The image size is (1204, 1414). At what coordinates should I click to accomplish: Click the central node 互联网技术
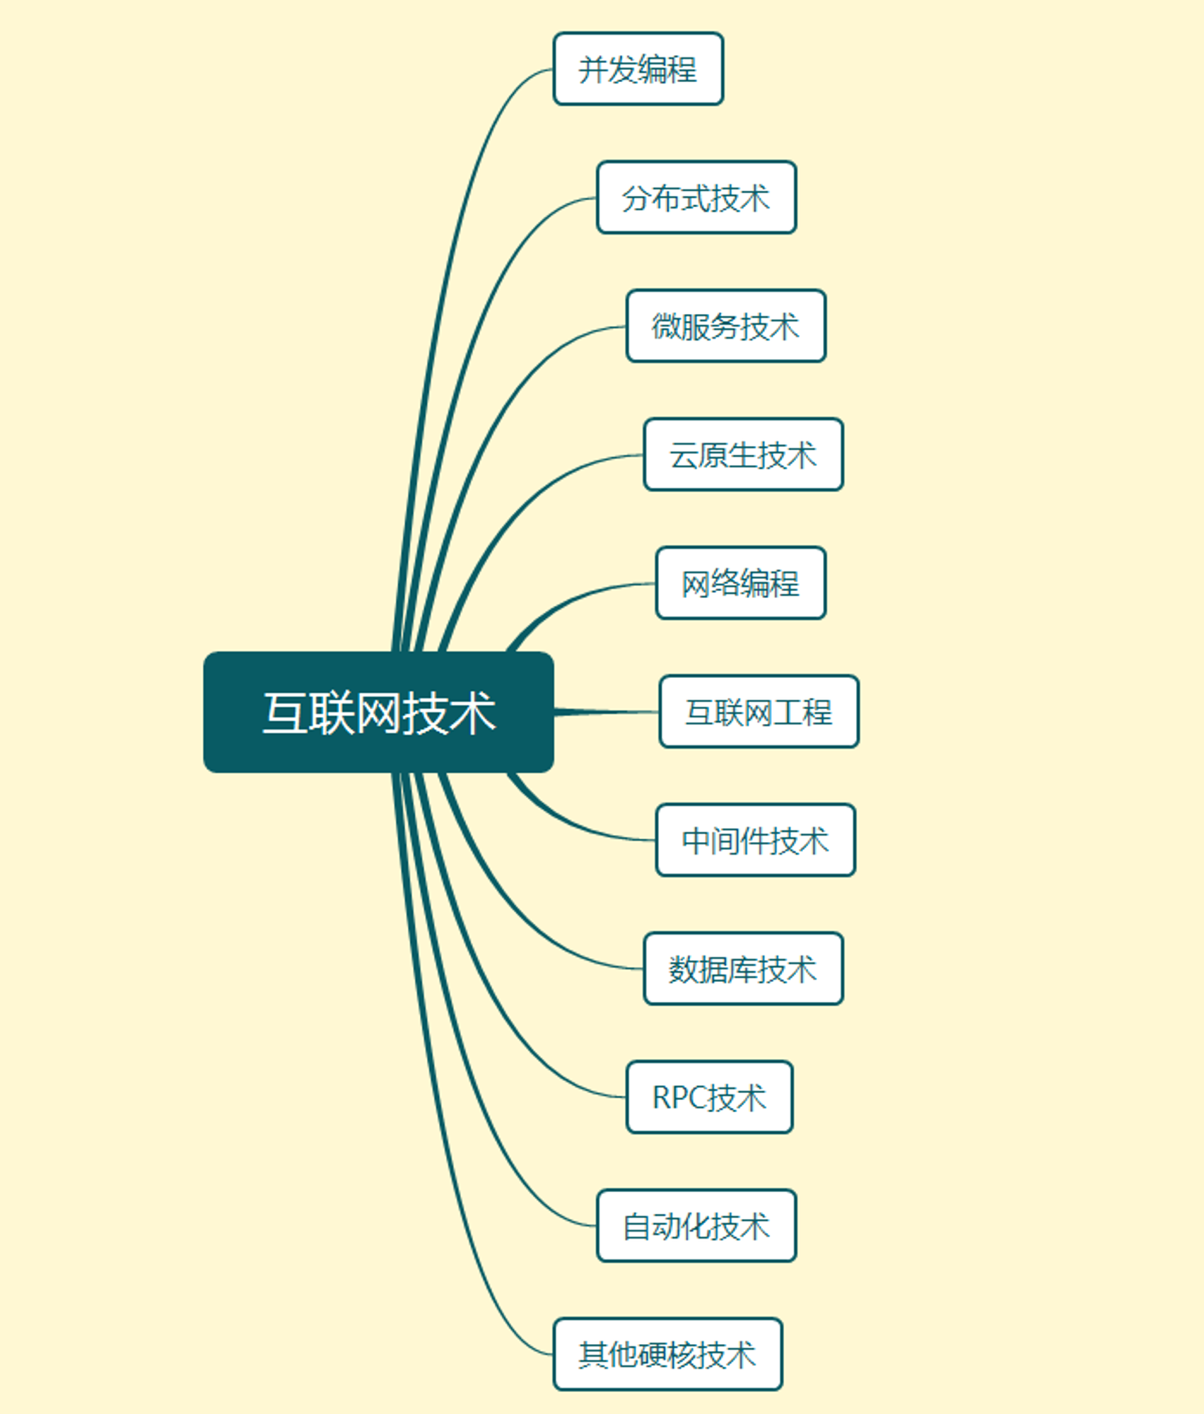pos(378,712)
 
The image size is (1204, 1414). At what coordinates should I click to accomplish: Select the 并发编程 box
pos(638,69)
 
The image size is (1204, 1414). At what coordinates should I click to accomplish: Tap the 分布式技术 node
pos(696,197)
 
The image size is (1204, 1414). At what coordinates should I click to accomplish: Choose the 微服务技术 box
pos(726,326)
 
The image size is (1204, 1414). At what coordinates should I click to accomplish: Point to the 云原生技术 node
pos(744,455)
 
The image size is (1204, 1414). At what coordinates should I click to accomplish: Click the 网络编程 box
pos(741,583)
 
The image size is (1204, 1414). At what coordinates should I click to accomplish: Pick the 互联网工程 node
pos(759,711)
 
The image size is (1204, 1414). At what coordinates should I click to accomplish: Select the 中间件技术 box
pos(756,840)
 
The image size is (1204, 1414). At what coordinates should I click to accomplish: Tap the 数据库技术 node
pos(744,969)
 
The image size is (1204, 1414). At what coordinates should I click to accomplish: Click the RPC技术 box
pos(710,1097)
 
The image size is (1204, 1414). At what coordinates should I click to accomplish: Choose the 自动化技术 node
pos(696,1226)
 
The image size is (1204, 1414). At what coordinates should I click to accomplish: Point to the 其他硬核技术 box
pos(668,1355)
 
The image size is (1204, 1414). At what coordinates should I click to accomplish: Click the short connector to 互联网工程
pos(607,712)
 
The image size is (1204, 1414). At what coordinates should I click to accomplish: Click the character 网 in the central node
pos(378,713)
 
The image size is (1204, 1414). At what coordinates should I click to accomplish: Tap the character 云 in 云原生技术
pos(684,455)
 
